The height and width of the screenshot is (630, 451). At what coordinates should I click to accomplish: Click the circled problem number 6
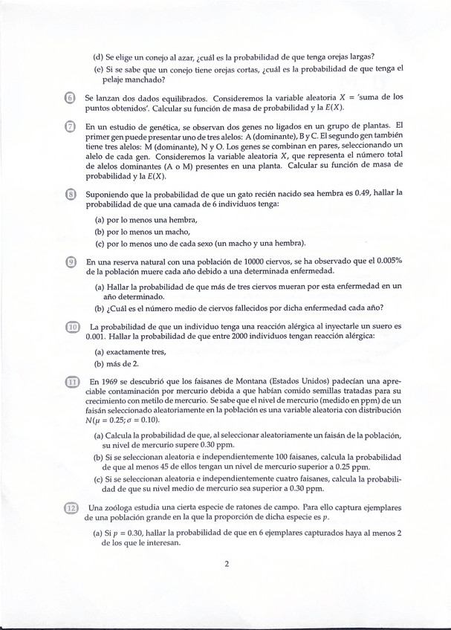[70, 99]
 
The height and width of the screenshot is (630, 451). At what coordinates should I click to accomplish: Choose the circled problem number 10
[72, 326]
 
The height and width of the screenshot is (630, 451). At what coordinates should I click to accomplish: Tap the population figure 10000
[228, 261]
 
